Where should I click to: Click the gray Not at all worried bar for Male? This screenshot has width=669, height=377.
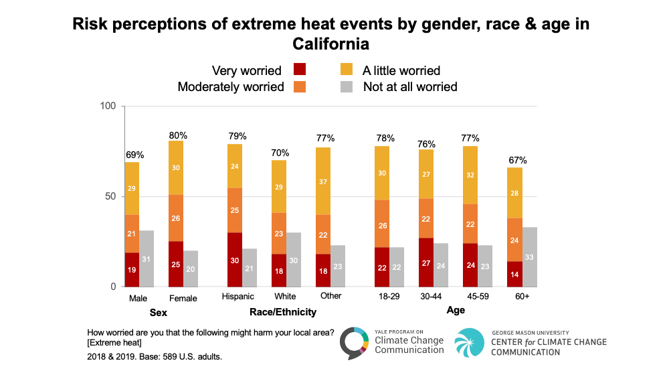coord(147,258)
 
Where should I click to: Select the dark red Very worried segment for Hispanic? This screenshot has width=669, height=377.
coord(234,260)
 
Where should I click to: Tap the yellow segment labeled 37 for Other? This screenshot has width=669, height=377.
coord(323,181)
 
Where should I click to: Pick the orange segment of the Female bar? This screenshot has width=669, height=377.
coord(176,218)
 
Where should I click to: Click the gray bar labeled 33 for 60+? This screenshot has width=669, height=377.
coord(530,257)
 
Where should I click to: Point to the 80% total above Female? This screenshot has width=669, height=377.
coord(176,134)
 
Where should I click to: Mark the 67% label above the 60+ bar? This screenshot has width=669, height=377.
coord(517,160)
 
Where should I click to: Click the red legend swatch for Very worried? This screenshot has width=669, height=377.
coord(300,70)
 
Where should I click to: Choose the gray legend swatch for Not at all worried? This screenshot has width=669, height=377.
coord(347,86)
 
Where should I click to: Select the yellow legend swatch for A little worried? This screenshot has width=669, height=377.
coord(347,70)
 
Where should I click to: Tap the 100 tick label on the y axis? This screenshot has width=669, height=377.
coord(108,106)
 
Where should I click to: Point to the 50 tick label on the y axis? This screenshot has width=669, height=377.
coord(110,197)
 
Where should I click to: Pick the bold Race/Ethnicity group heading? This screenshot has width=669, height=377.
coord(282,312)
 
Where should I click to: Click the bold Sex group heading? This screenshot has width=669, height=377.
coord(159,312)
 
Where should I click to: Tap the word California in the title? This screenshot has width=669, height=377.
coord(330,45)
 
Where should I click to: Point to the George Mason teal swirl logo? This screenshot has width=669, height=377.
coord(470,343)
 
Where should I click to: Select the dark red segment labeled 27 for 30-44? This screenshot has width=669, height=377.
coord(426,262)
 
